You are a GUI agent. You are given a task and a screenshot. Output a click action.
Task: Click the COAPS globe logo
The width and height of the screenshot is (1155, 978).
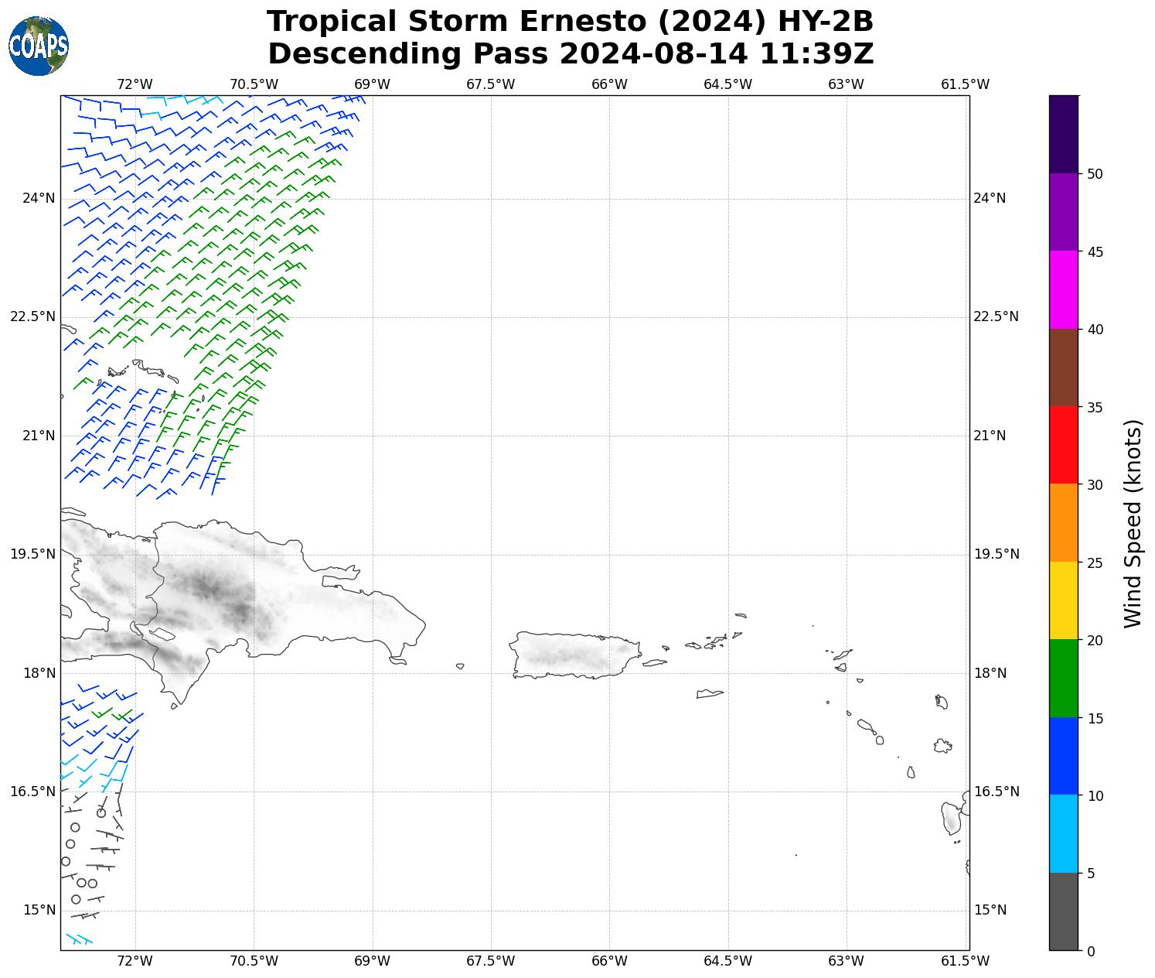[39, 46]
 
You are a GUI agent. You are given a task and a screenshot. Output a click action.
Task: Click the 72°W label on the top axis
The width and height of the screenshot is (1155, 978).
[135, 84]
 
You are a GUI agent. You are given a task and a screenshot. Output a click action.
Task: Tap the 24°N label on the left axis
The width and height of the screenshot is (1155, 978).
[39, 198]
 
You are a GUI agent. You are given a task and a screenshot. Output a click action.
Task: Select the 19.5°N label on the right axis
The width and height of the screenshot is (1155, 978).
[996, 554]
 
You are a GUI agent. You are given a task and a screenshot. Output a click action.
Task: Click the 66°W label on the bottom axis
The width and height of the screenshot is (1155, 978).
[609, 961]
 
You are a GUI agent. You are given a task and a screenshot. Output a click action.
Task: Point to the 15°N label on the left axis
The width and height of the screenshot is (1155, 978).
[39, 910]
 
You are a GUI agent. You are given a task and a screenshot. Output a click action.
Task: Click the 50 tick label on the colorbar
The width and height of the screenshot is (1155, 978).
[1094, 173]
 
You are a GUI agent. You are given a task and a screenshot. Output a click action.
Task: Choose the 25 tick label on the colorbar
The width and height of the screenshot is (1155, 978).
[1094, 563]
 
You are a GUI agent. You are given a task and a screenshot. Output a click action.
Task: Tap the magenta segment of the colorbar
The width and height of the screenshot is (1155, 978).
[1064, 289]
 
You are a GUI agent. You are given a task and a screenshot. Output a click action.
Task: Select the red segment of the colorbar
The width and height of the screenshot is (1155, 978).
[1064, 445]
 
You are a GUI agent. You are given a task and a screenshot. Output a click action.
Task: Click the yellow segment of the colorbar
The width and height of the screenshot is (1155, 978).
[1064, 600]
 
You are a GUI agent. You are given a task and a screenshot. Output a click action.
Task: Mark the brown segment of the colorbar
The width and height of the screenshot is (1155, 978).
[1064, 368]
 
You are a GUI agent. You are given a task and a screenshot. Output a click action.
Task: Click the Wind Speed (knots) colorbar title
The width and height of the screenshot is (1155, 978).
[1133, 523]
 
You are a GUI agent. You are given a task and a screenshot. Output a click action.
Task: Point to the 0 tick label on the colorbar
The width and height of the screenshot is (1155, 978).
[1090, 952]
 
